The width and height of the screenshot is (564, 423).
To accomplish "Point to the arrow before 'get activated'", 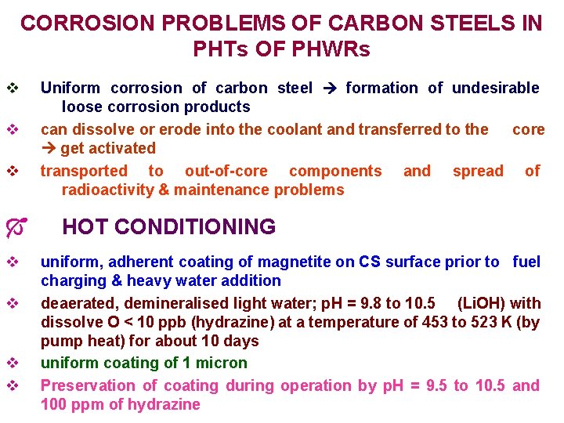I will pos(49,148).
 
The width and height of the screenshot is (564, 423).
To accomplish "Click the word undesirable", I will pos(493,88).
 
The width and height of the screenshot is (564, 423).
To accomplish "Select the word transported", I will pos(83,171).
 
